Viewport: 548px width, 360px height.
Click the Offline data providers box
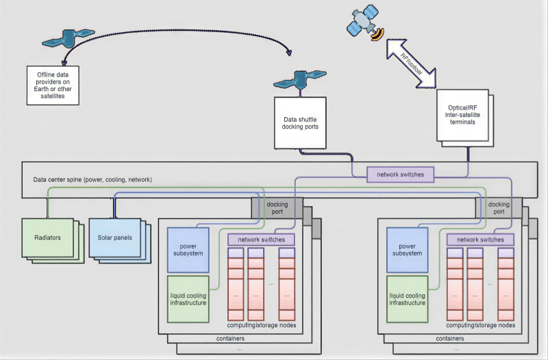point(51,86)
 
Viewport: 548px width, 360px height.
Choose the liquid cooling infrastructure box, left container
point(188,298)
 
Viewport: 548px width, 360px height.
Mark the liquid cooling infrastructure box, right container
point(407,298)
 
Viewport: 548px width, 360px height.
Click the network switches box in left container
point(261,240)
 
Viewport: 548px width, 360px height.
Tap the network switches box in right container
point(480,240)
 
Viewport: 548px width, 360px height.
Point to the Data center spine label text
point(92,180)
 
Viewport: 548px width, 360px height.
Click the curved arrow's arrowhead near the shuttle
point(292,53)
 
